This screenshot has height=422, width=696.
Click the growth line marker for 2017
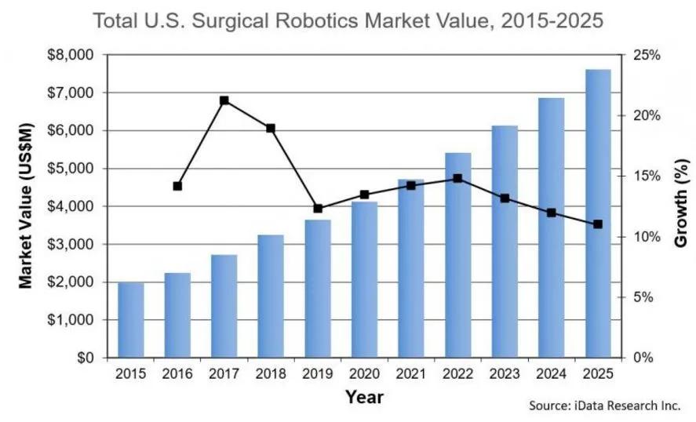tap(224, 100)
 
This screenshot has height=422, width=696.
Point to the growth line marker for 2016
tap(177, 186)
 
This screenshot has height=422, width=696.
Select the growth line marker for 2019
tap(318, 209)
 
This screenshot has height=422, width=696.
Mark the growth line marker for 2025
tap(598, 224)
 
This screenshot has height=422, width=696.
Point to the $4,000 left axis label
tap(71, 206)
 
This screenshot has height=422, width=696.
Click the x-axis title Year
tap(364, 398)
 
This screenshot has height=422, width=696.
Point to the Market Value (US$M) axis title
tap(27, 206)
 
